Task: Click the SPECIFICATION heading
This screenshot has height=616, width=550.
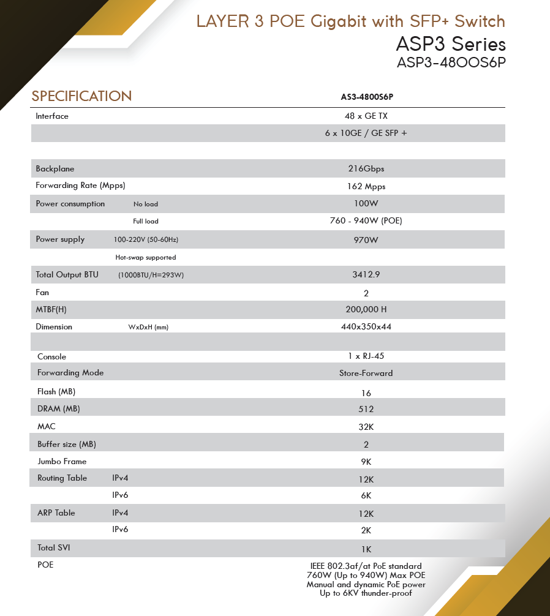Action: click(81, 96)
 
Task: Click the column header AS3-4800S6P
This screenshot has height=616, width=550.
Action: click(366, 97)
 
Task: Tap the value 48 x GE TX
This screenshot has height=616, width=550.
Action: click(366, 116)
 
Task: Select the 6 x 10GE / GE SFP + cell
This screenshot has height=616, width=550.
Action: click(366, 133)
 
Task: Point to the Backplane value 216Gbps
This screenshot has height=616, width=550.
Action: click(366, 168)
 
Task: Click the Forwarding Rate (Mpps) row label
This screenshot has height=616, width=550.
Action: click(80, 186)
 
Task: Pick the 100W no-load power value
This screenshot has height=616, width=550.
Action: click(366, 203)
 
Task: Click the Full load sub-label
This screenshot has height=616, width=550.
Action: click(146, 221)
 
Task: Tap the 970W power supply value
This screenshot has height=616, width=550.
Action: click(366, 239)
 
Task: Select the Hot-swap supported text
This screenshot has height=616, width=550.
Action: click(146, 258)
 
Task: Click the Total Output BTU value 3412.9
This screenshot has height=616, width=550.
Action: click(366, 275)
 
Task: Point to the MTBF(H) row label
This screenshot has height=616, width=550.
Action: click(51, 309)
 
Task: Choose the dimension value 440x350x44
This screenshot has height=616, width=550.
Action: click(366, 326)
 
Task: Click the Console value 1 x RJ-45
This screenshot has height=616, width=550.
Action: click(366, 356)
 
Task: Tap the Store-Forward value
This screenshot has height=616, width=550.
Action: click(366, 373)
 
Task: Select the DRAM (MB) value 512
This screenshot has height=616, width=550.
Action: click(366, 409)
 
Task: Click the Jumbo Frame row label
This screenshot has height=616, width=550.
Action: click(62, 461)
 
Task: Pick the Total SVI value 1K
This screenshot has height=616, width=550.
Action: click(366, 549)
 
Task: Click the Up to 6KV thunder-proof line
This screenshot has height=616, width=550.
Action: click(366, 593)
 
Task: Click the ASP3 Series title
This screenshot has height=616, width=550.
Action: click(451, 44)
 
